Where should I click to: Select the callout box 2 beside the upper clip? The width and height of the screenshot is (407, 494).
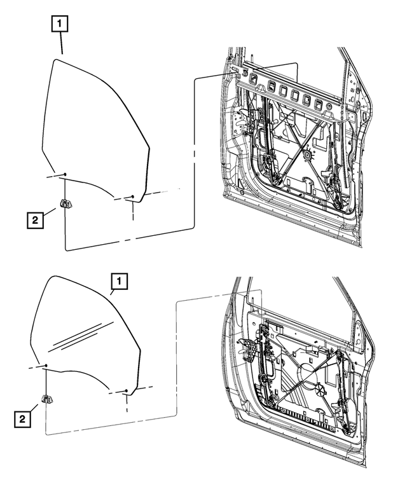click(36, 220)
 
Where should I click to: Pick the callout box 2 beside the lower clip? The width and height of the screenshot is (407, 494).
click(24, 418)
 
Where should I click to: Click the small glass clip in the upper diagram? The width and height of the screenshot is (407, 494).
click(66, 203)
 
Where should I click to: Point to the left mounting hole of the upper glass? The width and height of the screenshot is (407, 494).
click(65, 174)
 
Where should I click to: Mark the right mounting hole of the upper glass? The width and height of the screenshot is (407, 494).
click(132, 197)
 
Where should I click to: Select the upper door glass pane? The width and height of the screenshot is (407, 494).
click(95, 127)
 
